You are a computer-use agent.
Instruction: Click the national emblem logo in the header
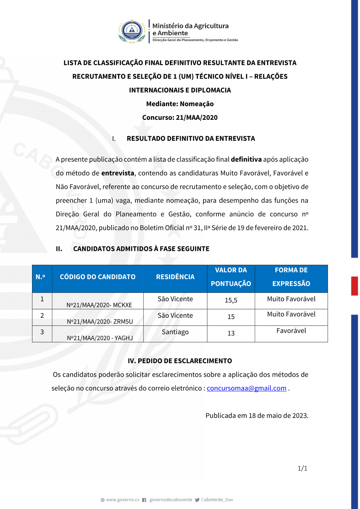coord(132,31)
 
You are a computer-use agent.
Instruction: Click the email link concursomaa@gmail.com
coord(247,388)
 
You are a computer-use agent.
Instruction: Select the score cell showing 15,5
coord(231,300)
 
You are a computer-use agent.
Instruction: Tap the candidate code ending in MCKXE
coord(99,305)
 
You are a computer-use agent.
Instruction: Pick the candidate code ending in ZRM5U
coord(100,321)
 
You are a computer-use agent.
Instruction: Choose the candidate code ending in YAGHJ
coord(100,338)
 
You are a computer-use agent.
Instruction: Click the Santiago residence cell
coord(175,332)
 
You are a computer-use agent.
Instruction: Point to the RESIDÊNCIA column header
coord(175,277)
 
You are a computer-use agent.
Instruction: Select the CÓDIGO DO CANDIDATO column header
coord(98,277)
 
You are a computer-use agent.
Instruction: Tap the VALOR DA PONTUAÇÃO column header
coord(231,277)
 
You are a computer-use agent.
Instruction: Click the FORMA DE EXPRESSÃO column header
coord(291,277)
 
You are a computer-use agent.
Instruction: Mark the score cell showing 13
coord(231,333)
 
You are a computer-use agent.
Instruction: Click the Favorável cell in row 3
coord(291,331)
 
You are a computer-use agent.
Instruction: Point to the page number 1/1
coord(302,468)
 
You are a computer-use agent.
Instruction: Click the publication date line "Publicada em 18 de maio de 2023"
coord(257,415)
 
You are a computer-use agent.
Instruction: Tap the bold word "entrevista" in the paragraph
coord(118,173)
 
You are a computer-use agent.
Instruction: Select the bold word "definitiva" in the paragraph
coord(246,159)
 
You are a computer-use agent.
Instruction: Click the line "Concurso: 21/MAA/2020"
coord(180,117)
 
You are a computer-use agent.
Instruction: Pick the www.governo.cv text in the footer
coord(122,500)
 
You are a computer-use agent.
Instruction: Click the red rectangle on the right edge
coord(355,286)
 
